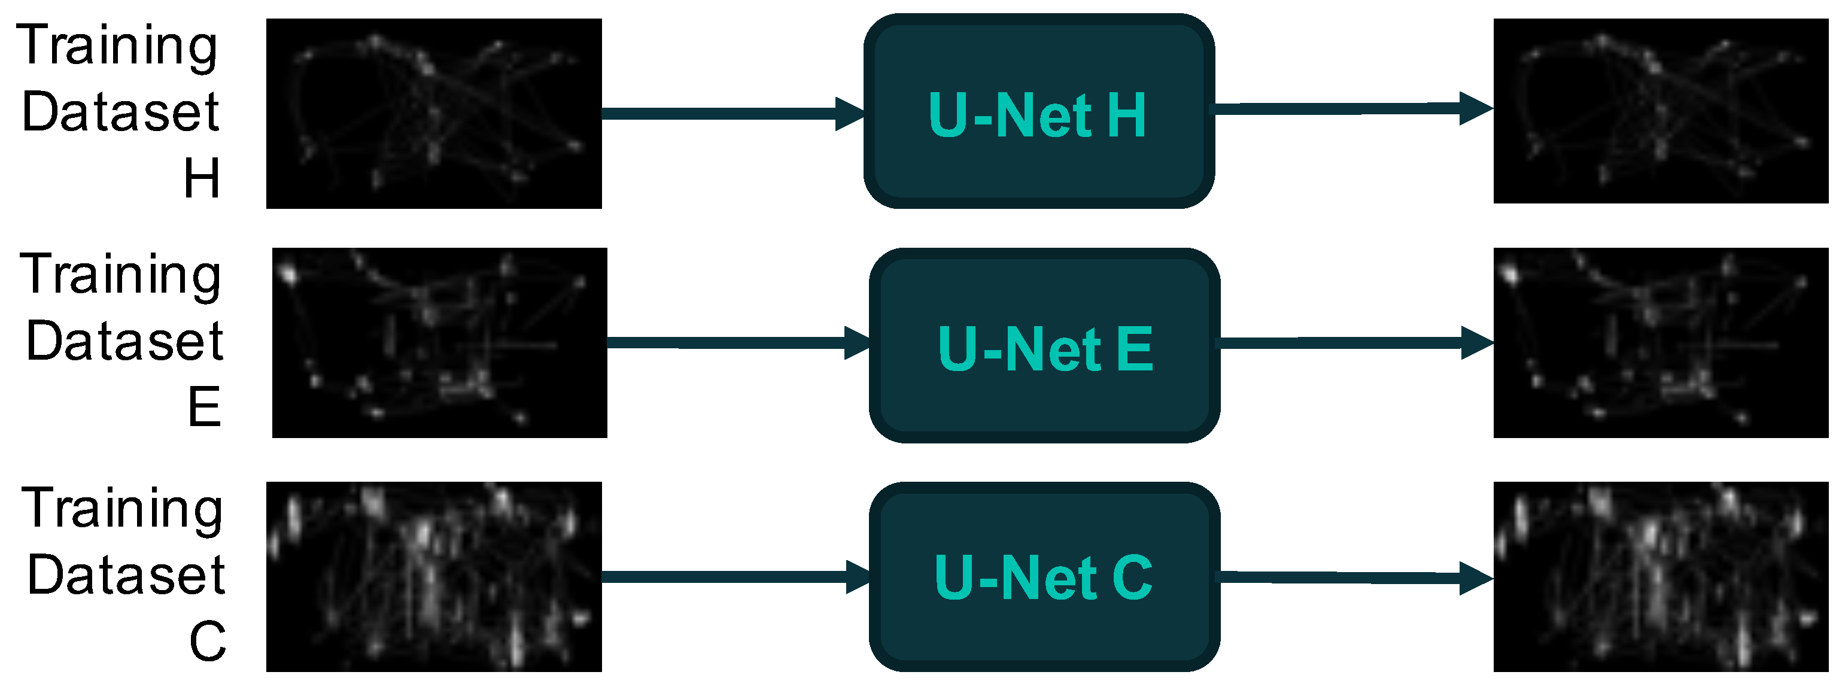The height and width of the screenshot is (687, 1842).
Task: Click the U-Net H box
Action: click(x=1038, y=111)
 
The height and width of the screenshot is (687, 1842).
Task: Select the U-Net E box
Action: click(x=1044, y=346)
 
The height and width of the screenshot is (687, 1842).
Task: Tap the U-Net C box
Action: click(x=1044, y=577)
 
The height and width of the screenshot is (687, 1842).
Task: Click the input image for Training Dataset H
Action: click(x=433, y=114)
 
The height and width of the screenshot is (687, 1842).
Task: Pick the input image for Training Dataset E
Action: click(x=439, y=342)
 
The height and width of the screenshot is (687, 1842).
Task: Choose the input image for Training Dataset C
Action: click(x=433, y=576)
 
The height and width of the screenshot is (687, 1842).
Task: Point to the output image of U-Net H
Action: click(x=1661, y=111)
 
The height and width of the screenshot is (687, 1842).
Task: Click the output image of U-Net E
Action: click(x=1661, y=342)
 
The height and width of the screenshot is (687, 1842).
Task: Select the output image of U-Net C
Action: click(x=1661, y=576)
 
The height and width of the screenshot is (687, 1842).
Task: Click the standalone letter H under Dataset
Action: click(x=202, y=178)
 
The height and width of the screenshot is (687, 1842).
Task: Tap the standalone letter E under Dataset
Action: click(x=205, y=407)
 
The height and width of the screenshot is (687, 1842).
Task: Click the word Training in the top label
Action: click(x=117, y=45)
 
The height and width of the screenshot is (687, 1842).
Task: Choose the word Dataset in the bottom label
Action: click(x=126, y=574)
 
